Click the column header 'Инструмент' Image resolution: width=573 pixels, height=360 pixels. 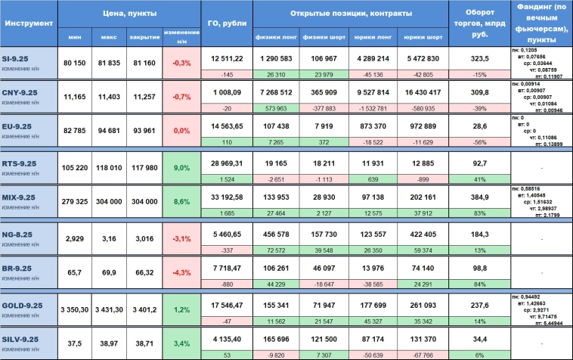pos(29,23)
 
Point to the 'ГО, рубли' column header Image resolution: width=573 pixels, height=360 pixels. pos(226,23)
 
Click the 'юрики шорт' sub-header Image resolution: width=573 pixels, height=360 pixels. pos(423,36)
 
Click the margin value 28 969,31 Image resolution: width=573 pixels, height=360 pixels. pos(226,163)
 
